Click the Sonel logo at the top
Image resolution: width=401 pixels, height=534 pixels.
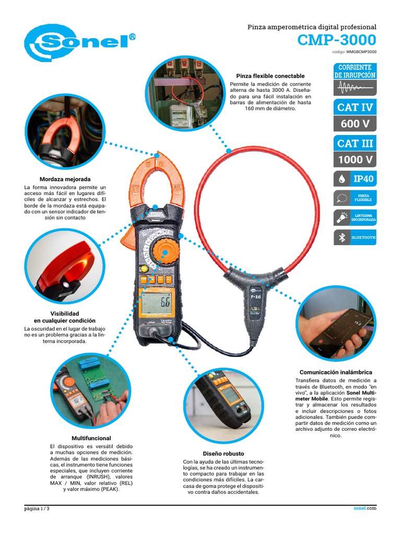point(79,43)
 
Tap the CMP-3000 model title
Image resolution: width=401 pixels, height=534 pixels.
point(337,40)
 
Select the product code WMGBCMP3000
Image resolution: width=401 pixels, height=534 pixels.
point(361,52)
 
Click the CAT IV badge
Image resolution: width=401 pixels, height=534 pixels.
point(355,107)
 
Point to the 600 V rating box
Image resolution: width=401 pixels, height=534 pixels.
point(355,123)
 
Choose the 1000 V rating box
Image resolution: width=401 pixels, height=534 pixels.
point(355,159)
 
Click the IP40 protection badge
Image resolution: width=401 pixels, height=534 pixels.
point(355,179)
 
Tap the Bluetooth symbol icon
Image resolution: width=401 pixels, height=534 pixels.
point(341,237)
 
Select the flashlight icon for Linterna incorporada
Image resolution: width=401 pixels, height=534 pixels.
point(342,218)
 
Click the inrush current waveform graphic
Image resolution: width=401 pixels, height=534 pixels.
point(355,88)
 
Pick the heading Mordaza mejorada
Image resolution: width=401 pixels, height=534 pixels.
point(65,179)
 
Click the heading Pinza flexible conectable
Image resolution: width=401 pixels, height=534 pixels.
point(270,76)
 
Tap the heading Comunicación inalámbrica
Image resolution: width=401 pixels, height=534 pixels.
point(336,372)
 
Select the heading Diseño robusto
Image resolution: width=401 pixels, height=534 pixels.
point(223,454)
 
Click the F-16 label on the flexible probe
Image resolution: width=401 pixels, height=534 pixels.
point(256,297)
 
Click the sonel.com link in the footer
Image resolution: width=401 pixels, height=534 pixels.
point(365,508)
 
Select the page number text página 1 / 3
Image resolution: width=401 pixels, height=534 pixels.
point(37,508)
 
